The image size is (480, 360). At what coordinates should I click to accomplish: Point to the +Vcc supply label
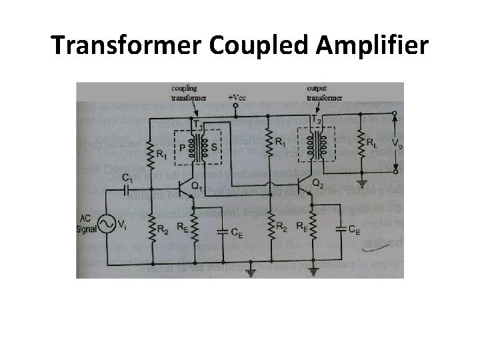[237, 98]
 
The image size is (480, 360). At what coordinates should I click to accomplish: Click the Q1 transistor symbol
[188, 190]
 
